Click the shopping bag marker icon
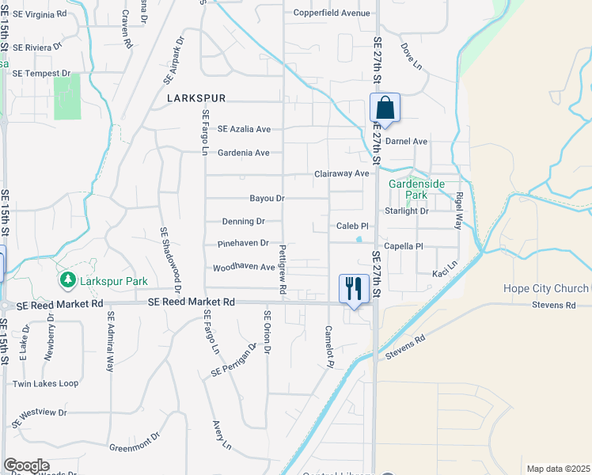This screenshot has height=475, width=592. [x=385, y=108]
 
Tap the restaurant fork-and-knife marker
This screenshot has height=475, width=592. [x=353, y=287]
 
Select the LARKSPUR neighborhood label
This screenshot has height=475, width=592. [x=197, y=98]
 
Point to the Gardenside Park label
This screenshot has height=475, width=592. [x=417, y=189]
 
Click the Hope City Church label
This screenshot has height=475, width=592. [x=546, y=288]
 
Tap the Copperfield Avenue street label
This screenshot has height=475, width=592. [x=332, y=13]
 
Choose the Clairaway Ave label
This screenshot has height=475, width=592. [x=342, y=173]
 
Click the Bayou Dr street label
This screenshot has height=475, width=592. [x=267, y=198]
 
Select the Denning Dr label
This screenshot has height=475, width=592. [x=243, y=222]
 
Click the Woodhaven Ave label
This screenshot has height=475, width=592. [x=244, y=268]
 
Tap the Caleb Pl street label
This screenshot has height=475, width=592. [x=353, y=226]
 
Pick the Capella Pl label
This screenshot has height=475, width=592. [x=404, y=246]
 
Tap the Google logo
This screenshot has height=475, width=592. [x=26, y=465]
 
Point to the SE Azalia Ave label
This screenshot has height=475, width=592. [x=245, y=129]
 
